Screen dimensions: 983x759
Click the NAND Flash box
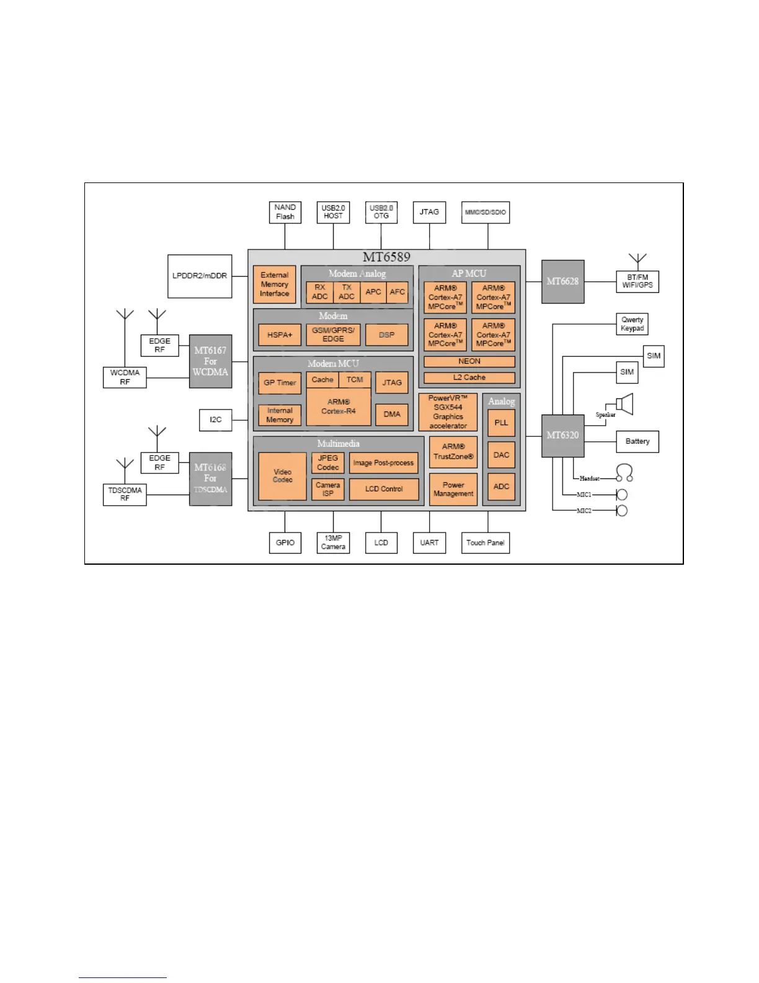(x=285, y=212)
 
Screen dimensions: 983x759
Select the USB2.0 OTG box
(x=381, y=212)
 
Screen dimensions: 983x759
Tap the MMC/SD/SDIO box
(x=486, y=212)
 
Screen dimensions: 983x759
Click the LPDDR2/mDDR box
(x=200, y=276)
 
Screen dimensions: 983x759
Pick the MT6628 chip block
(x=562, y=282)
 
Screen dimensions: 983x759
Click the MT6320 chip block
(x=562, y=436)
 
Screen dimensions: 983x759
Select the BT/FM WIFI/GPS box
(x=637, y=282)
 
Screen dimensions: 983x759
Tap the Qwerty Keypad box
(x=632, y=324)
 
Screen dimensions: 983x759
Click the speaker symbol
(x=624, y=405)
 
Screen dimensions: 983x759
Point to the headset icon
(x=624, y=474)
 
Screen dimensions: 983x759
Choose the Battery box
(x=637, y=442)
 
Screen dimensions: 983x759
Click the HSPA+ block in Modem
(x=280, y=335)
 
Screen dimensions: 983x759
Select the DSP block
(x=387, y=335)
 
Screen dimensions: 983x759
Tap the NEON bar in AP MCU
(x=469, y=362)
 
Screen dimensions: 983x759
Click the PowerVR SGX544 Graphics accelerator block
(x=448, y=412)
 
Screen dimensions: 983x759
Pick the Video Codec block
(x=282, y=476)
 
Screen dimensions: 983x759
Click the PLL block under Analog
(x=501, y=423)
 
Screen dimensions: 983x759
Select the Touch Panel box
(x=486, y=543)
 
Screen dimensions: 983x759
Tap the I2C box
(x=215, y=420)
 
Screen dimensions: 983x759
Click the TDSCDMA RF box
(x=125, y=495)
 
